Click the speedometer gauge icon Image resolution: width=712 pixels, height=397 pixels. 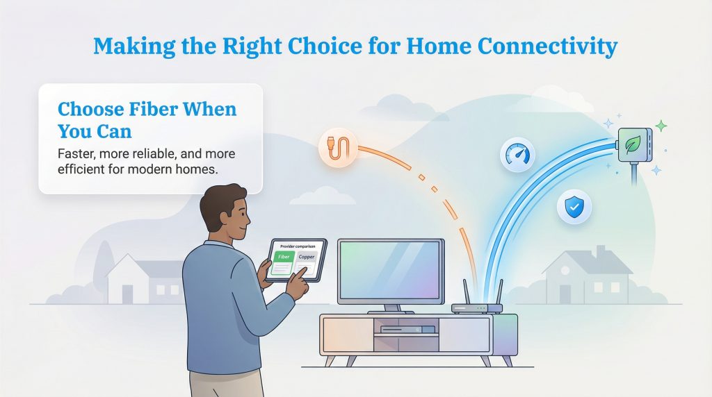click(x=517, y=154)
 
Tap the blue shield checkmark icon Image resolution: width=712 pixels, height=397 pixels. click(x=574, y=207)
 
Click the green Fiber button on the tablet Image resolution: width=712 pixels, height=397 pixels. click(x=284, y=257)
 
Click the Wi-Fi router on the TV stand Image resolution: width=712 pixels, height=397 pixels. click(x=476, y=307)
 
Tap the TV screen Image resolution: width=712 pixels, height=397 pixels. click(x=390, y=271)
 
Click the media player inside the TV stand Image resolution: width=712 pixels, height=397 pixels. click(x=407, y=329)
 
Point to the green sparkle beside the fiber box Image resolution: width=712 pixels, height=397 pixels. click(x=661, y=126)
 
